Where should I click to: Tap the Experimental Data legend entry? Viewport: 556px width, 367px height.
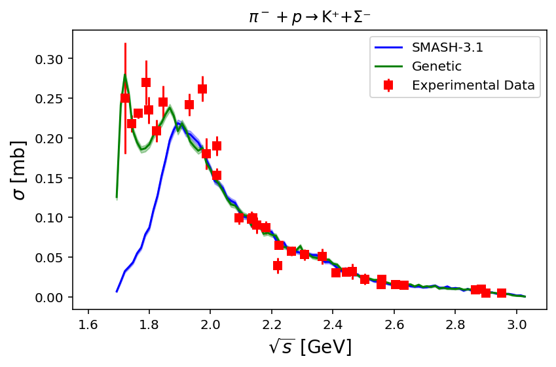coord(473,85)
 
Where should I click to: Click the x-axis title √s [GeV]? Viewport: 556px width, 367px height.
coord(310,347)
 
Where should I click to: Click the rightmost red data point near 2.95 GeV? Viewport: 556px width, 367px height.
coord(502,293)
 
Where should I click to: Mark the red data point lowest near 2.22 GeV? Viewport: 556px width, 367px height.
coord(278,266)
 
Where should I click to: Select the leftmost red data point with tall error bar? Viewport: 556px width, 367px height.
coord(125,98)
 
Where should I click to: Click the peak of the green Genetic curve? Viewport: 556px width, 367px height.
coord(124,75)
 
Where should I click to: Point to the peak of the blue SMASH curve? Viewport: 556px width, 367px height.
coord(178,122)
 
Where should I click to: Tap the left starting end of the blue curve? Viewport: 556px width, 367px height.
coord(117,291)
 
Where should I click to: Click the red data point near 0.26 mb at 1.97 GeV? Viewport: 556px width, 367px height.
coord(202,89)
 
